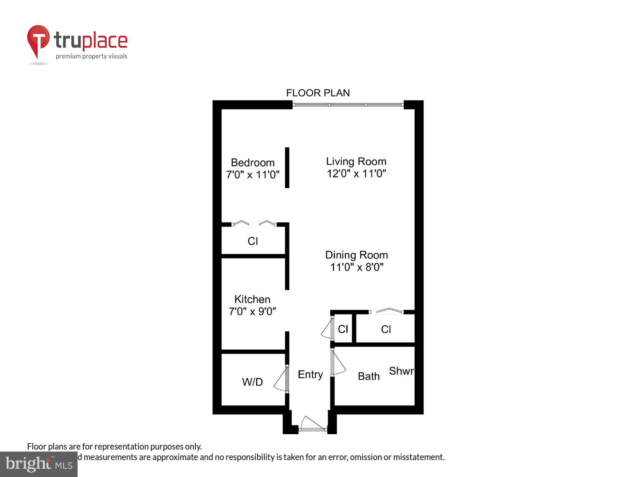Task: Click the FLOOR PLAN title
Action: click(318, 93)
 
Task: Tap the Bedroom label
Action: click(252, 162)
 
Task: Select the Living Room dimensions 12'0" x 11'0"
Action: click(356, 174)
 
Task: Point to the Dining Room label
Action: click(356, 255)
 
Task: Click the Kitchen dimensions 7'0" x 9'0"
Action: click(252, 311)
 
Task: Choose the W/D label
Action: click(252, 382)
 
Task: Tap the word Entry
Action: click(310, 374)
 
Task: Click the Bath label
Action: click(369, 376)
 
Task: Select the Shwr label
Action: click(401, 371)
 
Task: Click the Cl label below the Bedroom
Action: click(253, 241)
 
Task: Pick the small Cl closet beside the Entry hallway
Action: click(343, 329)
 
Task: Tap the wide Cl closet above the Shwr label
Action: click(386, 329)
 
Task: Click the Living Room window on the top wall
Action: click(348, 105)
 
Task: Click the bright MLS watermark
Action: click(39, 464)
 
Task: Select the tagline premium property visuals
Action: click(92, 56)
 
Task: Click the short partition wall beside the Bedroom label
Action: click(287, 168)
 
